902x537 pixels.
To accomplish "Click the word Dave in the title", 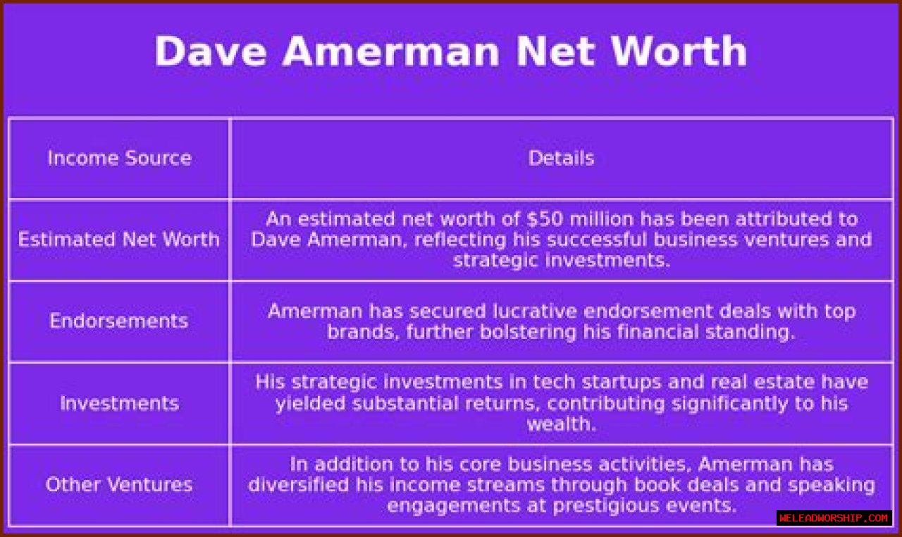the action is click(x=211, y=51).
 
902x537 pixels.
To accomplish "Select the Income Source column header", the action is click(x=120, y=158).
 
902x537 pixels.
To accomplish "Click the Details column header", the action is click(x=561, y=158).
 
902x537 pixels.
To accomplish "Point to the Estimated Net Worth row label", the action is click(x=119, y=240).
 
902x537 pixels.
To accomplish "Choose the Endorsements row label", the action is click(x=119, y=321).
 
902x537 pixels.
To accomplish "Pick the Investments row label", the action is click(x=120, y=403).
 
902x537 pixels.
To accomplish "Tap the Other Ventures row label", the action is click(x=119, y=485).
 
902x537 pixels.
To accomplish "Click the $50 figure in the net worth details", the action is click(x=545, y=219).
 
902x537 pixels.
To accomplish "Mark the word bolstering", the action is click(x=528, y=332).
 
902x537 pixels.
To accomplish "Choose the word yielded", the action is click(x=310, y=403).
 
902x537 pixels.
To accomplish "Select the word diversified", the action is click(x=298, y=485).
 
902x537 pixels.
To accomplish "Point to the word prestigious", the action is click(x=606, y=506).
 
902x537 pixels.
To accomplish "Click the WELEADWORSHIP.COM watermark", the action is click(x=834, y=518).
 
